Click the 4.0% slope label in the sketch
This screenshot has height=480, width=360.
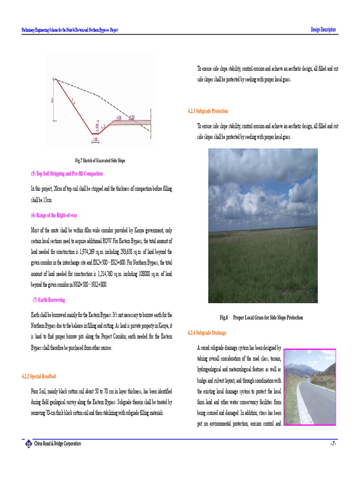click(x=120, y=117)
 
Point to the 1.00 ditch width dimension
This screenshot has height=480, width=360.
click(x=95, y=139)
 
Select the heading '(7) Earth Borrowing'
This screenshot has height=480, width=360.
click(x=49, y=300)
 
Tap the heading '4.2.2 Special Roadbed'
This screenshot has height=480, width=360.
click(x=39, y=376)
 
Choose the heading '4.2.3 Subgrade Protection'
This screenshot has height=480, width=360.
click(x=208, y=111)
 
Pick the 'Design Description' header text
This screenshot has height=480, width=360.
click(x=323, y=30)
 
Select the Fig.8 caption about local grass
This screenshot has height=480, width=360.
click(x=262, y=318)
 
